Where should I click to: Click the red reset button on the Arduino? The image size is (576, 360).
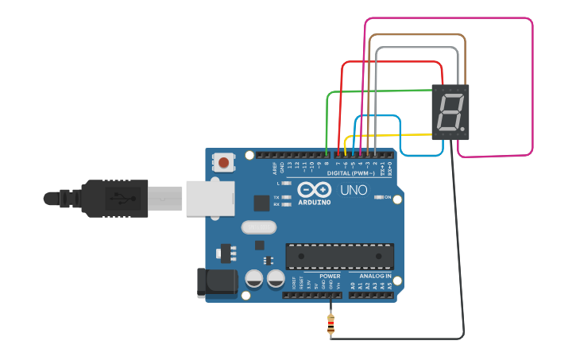coord(224,163)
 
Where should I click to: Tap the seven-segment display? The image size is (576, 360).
coord(450,112)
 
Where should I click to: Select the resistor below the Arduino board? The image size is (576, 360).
coord(331,324)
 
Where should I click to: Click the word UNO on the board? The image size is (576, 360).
coord(354,191)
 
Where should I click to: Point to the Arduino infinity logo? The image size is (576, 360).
coord(315,190)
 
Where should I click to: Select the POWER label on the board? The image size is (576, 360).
coord(330,276)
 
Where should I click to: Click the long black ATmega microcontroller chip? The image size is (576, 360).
coord(339,256)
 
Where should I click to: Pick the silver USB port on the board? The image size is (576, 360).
coord(211,198)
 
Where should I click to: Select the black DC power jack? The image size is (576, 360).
coord(216,283)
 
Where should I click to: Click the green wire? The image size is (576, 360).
coord(327,119)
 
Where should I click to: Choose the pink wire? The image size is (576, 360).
coord(532,87)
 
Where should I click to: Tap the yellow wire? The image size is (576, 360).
coord(389,135)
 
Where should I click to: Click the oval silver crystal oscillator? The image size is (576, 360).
coord(258,228)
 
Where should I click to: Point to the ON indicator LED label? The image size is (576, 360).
coord(388,197)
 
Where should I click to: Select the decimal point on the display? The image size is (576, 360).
coord(462,128)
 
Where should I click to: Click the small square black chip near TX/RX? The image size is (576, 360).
coord(261,203)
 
